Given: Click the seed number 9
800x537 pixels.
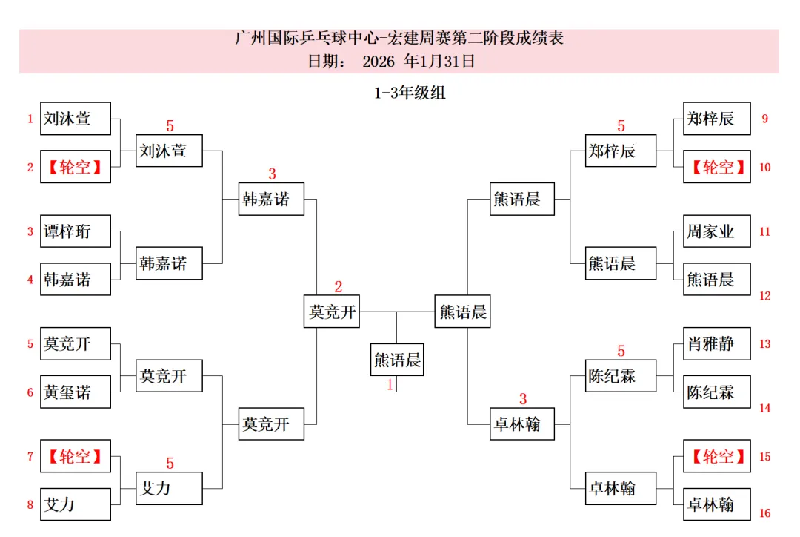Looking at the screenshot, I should click(764, 119).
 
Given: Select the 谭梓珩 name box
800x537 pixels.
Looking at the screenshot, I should click(76, 231).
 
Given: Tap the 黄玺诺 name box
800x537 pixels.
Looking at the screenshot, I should click(76, 392).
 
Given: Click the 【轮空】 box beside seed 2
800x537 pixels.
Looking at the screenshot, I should click(76, 166).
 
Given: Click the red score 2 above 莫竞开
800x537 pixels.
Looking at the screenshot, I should click(339, 287).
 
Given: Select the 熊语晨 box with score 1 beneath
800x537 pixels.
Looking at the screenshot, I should click(398, 360).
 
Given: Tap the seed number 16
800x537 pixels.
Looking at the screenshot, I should click(764, 513).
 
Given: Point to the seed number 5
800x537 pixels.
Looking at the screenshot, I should click(30, 344).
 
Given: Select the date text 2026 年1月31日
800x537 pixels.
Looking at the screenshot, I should click(419, 62).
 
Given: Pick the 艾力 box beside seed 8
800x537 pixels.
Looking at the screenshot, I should click(76, 504).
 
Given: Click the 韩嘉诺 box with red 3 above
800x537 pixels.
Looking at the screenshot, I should click(271, 199).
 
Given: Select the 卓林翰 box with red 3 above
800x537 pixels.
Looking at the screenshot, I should click(523, 424).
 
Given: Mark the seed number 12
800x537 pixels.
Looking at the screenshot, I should click(764, 296).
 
